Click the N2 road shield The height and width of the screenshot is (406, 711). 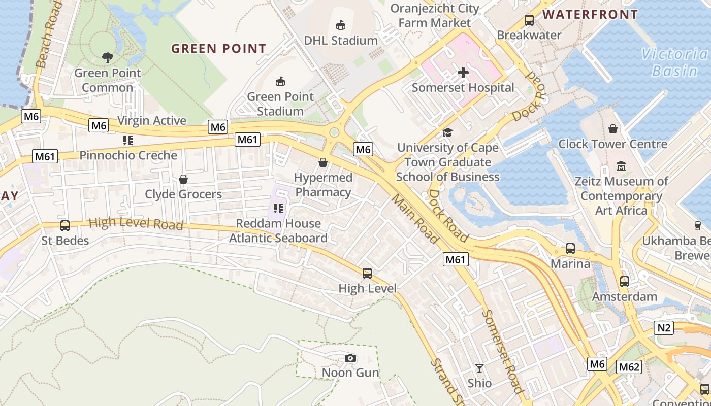664,328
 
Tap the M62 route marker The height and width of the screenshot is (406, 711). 629,367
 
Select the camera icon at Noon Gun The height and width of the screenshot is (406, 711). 350,358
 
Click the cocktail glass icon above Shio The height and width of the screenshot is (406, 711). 479,368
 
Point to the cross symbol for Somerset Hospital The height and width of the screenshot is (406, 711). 463,73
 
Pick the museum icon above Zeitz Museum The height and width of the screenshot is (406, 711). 621,166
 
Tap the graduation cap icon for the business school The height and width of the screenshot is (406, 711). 447,132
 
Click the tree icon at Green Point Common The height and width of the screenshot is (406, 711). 107,58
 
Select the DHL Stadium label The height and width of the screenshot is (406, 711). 341,40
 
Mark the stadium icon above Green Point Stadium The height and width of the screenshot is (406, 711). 280,81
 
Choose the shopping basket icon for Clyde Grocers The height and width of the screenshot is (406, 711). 183,179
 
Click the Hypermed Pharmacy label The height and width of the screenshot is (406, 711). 324,185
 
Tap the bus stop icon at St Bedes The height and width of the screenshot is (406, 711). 65,225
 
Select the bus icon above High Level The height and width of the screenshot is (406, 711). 367,274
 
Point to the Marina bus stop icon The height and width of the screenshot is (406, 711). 570,249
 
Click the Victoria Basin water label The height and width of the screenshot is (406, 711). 674,62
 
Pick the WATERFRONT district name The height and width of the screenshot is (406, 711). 590,15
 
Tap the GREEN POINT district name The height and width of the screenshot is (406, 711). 218,49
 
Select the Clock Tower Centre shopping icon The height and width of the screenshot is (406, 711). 613,129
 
